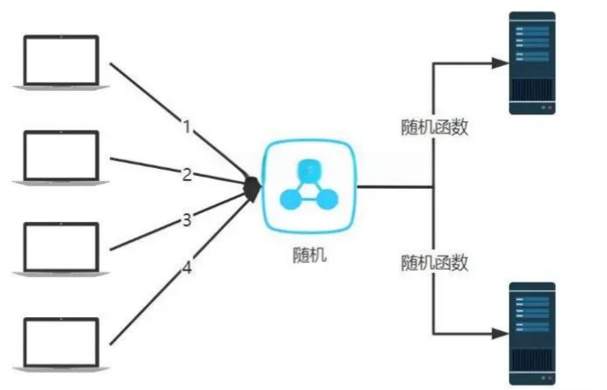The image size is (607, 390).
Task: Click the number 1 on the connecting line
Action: pos(187,127)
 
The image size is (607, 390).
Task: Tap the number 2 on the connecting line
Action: pos(187,175)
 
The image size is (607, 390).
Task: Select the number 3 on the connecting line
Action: pos(187,220)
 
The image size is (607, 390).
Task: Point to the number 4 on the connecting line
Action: pos(187,267)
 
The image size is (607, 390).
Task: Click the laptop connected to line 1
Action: pos(62,62)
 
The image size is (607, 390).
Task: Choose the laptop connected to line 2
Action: pos(62,158)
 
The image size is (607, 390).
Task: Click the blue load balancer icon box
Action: pos(309,186)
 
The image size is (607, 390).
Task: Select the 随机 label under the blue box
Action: pos(310,255)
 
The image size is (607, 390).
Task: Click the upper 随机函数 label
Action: pos(434,127)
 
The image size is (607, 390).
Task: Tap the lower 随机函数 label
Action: pos(434,263)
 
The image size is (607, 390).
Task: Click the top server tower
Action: pos(532,63)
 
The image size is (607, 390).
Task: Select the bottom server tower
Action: pos(532,334)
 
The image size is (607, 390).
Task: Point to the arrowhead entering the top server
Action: pos(500,63)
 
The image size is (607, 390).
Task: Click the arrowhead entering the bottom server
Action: pos(500,334)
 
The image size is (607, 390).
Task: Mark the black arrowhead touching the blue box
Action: pos(253,189)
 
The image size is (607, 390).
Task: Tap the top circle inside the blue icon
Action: pos(310,171)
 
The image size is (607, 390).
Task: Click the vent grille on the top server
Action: pos(532,90)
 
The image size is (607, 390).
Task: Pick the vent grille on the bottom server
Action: pos(532,361)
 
